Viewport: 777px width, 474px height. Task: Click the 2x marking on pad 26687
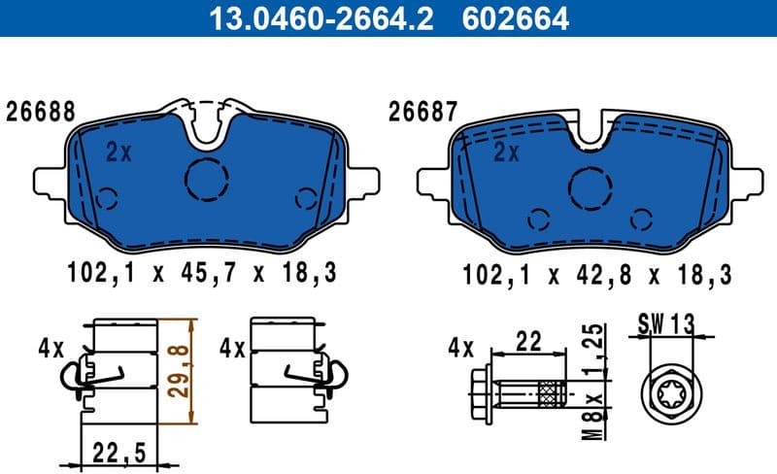(x=506, y=152)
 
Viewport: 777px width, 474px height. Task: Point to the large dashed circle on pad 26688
(x=206, y=178)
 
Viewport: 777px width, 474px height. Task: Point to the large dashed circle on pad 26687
(x=589, y=186)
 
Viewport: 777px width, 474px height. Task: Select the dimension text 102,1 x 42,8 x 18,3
(x=597, y=273)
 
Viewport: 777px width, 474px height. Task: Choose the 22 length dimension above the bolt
(x=528, y=341)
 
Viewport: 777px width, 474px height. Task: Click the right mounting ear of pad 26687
(x=747, y=182)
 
